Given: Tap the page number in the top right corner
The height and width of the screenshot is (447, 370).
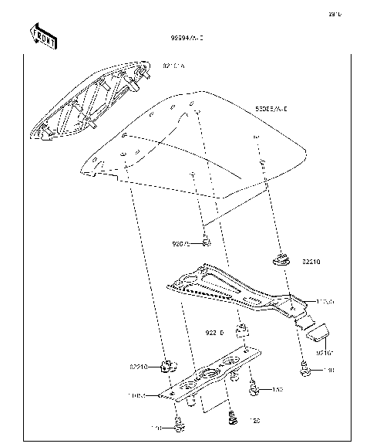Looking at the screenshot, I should (x=335, y=14).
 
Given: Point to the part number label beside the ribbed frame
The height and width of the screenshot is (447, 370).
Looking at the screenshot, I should (x=173, y=66).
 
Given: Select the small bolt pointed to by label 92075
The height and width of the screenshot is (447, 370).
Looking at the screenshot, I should (x=207, y=243).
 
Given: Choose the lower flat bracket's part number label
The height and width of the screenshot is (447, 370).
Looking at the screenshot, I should (x=136, y=396).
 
